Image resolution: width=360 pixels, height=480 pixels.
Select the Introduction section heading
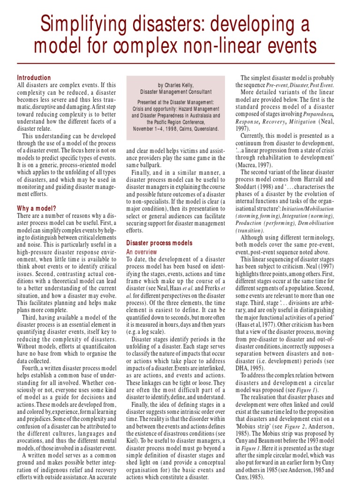[x=34, y=78]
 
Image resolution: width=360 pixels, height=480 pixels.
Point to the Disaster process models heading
[x=159, y=243]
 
